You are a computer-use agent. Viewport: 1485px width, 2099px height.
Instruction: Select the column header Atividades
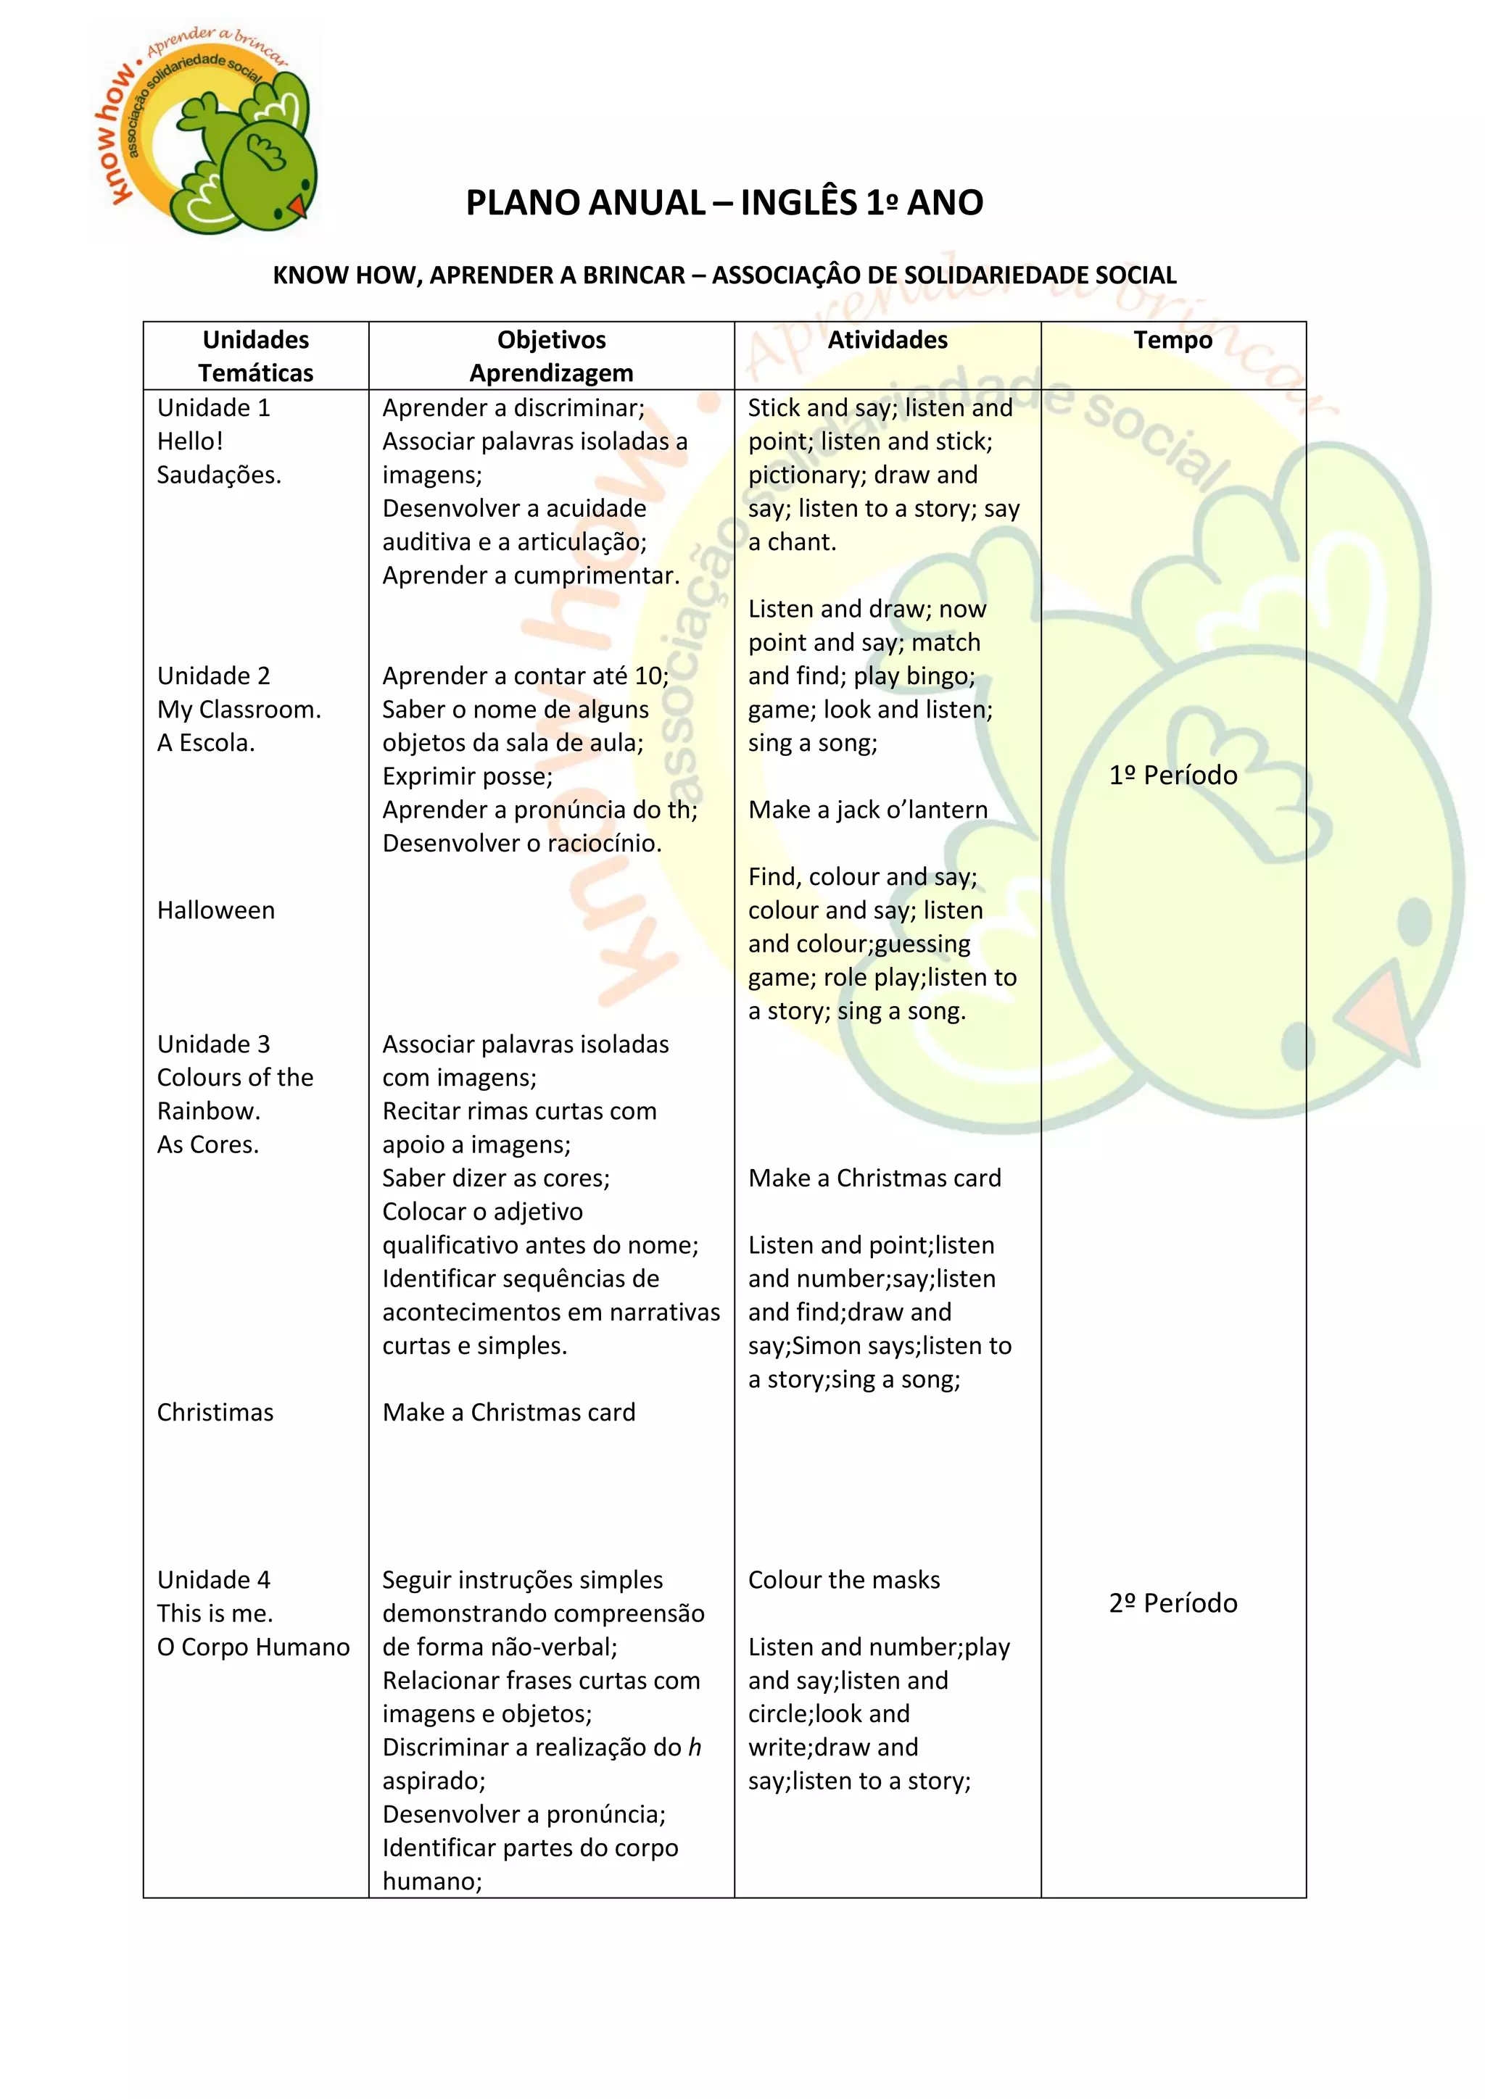[887, 340]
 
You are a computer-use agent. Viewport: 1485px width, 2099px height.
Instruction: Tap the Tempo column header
[1172, 340]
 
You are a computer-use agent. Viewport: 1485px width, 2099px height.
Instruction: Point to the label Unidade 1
[213, 408]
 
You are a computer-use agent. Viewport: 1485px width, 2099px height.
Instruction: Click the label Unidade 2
[213, 676]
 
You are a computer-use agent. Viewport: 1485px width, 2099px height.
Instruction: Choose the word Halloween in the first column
[216, 910]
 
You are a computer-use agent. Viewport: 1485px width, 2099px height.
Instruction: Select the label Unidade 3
[213, 1044]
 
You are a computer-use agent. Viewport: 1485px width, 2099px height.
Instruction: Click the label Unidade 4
[213, 1580]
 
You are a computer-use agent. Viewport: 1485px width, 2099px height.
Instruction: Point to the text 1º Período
[1172, 776]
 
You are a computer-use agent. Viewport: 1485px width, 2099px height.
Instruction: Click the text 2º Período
[1172, 1603]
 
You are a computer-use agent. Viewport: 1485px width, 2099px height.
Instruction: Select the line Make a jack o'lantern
[867, 810]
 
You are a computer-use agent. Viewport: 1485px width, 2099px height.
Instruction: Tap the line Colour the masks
[843, 1580]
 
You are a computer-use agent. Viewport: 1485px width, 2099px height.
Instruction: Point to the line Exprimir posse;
[467, 776]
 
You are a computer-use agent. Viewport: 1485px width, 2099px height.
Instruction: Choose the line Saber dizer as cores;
[496, 1179]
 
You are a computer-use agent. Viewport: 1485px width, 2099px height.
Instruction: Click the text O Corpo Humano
[253, 1647]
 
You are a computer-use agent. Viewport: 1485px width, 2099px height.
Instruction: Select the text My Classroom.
[239, 710]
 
